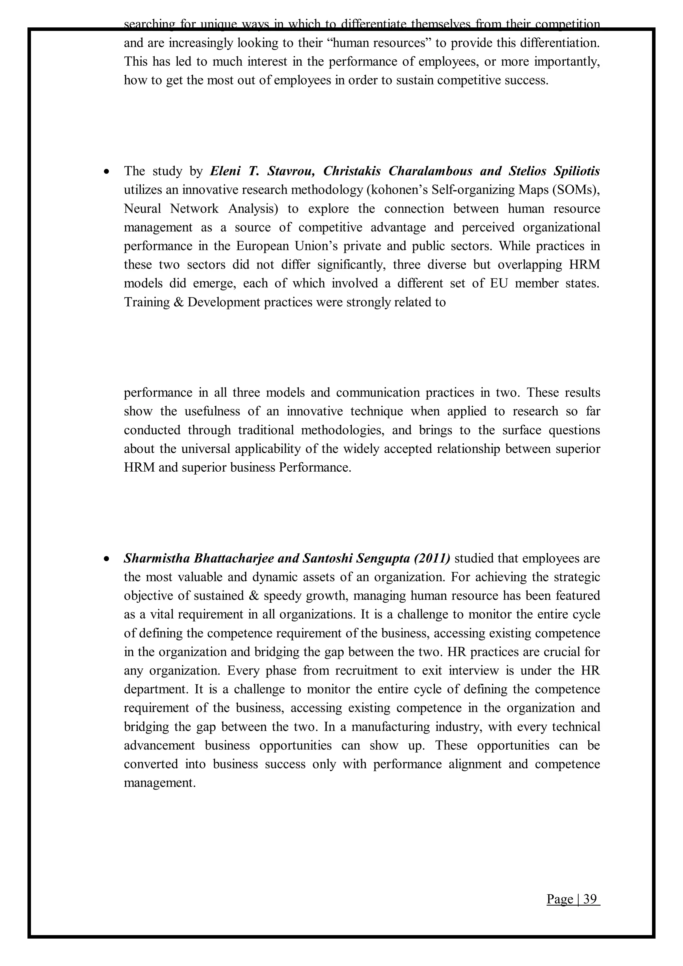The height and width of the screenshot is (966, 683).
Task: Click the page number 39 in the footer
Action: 590,899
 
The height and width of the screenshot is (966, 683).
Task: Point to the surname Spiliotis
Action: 577,171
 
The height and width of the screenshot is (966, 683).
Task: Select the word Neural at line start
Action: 142,209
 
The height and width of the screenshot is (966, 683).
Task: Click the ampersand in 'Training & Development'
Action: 177,302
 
